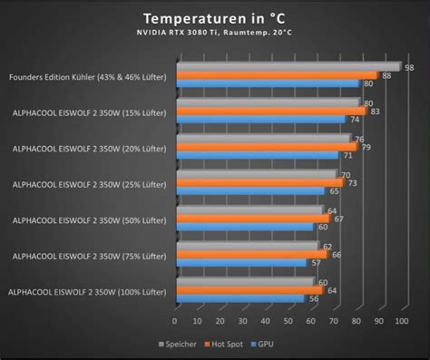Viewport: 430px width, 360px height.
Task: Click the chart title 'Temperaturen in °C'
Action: (x=214, y=18)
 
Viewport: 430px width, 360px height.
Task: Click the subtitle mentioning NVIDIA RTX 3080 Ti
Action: (x=214, y=34)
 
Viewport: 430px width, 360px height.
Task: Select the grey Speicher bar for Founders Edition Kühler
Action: (x=288, y=67)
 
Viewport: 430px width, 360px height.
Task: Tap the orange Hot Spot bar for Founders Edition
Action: (x=276, y=75)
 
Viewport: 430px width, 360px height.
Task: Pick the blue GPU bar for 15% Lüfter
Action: (x=260, y=119)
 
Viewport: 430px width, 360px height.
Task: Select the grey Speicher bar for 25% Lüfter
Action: (x=256, y=174)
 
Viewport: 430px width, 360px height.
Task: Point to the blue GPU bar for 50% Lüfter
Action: (x=249, y=226)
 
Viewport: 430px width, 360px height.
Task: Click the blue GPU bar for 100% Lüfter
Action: (x=240, y=297)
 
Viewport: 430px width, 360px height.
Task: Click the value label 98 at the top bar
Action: (x=410, y=66)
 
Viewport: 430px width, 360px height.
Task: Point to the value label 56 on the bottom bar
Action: (x=314, y=298)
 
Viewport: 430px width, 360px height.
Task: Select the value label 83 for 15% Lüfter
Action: (x=375, y=111)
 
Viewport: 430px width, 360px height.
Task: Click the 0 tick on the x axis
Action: (x=175, y=320)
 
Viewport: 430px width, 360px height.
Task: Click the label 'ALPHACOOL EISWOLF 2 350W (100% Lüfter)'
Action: (x=87, y=291)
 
